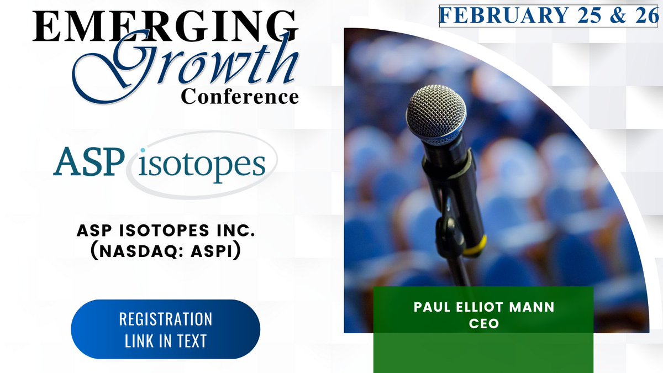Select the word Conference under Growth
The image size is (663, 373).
click(x=240, y=97)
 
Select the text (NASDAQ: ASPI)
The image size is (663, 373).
click(x=161, y=250)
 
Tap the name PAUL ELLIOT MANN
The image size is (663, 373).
click(x=483, y=307)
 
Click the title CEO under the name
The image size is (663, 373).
click(x=483, y=323)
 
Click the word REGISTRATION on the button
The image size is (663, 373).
click(x=165, y=320)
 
